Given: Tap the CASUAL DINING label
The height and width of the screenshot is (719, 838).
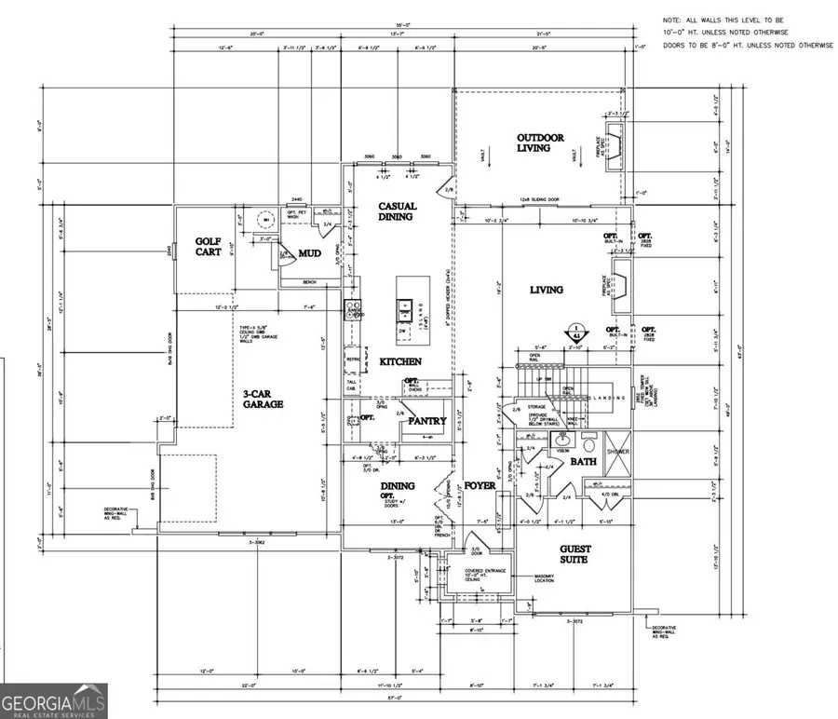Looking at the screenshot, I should pos(397,212).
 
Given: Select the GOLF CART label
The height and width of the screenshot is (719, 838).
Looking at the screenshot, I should pos(208,247).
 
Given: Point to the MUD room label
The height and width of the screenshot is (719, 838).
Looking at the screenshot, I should pos(309,253).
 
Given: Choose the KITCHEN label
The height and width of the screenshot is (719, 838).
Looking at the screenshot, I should pos(399,360).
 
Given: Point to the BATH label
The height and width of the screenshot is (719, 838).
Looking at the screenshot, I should pos(583,462).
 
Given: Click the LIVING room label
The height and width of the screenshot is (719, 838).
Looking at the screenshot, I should pos(547,290).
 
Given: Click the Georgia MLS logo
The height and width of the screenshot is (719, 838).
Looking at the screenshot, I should pos(54,700).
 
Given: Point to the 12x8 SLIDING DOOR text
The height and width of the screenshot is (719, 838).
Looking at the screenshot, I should pos(540,200).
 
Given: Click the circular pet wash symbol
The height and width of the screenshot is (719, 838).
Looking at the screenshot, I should pos(264,219).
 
